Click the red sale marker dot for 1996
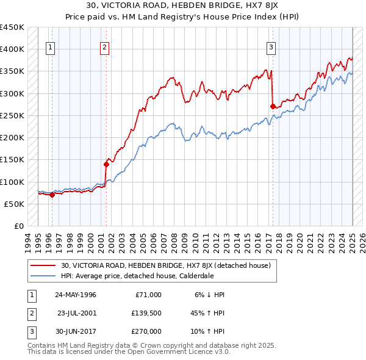point(52,195)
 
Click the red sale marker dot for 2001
point(106,164)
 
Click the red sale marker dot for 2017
point(272,106)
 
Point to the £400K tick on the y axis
point(12,49)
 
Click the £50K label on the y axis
point(15,204)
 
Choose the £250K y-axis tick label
point(12,115)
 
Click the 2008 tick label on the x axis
point(177,241)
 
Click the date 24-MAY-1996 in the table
point(76,295)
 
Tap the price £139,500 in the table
point(147,313)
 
